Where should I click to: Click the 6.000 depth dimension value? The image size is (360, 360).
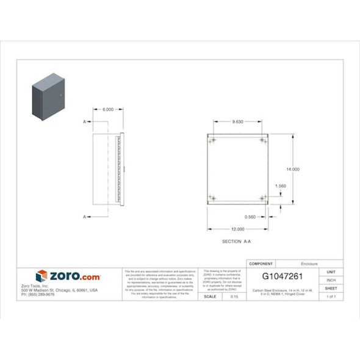point(107,109)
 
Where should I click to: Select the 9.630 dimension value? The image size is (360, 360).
point(237,121)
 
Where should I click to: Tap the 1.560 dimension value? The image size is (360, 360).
point(281,186)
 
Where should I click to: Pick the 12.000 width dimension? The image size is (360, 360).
point(237,229)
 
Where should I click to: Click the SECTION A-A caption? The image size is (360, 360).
point(236,242)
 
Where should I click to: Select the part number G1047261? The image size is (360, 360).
point(283,276)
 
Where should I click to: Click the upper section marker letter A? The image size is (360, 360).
point(84,122)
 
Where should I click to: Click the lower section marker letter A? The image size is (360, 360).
point(84,217)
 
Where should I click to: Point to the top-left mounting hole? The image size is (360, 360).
point(212,141)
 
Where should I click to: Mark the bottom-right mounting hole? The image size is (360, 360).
point(263,198)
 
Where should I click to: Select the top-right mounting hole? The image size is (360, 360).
point(263,141)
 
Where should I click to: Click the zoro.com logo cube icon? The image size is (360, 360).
point(41,276)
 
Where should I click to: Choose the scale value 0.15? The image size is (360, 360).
point(234,297)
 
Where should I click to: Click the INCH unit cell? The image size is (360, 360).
point(331,280)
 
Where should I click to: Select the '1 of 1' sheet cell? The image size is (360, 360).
point(331,297)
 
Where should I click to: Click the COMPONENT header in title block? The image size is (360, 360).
point(261,264)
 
